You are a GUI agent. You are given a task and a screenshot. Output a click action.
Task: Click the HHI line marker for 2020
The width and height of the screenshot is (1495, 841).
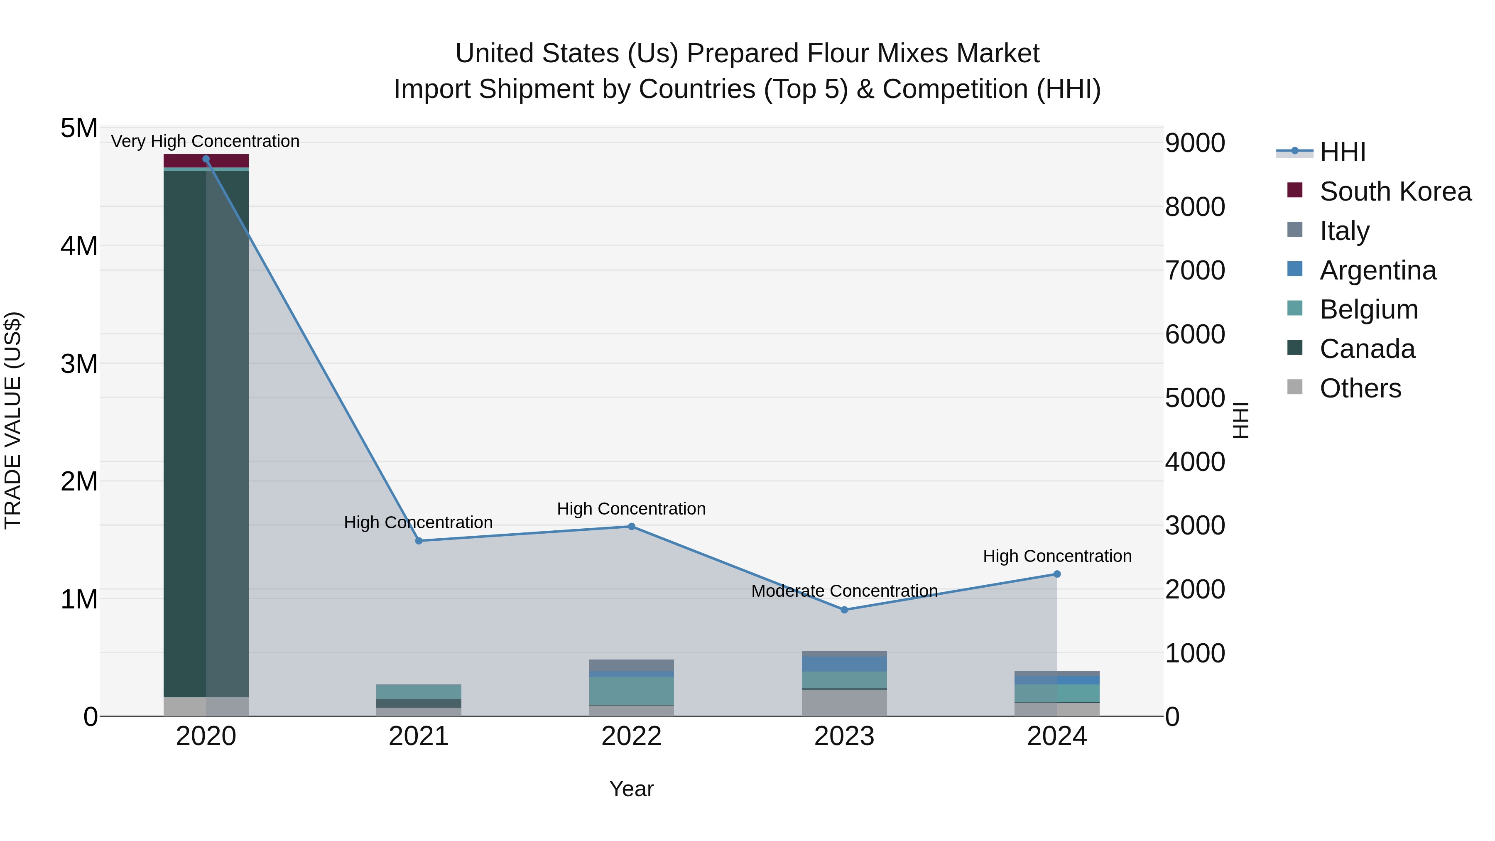click(206, 159)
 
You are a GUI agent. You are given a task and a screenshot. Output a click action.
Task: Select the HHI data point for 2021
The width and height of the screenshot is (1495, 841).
click(419, 541)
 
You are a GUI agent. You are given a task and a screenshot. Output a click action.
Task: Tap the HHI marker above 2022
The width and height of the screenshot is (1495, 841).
click(631, 527)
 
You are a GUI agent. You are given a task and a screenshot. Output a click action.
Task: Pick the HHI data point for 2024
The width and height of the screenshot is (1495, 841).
click(1057, 574)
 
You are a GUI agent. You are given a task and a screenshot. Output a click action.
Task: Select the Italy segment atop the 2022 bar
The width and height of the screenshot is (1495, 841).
click(631, 665)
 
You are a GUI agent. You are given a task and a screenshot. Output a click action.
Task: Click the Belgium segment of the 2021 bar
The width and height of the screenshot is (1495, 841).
click(419, 691)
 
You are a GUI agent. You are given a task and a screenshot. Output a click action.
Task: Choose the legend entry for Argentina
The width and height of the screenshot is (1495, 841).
click(1378, 270)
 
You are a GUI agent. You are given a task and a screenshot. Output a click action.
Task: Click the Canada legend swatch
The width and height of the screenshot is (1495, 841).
click(1295, 348)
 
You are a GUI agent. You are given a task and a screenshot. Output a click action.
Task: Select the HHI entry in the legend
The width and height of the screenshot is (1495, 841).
click(1342, 152)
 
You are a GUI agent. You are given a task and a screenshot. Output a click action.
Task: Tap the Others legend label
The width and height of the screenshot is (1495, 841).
click(1360, 388)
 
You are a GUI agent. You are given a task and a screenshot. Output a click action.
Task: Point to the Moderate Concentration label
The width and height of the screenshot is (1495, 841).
click(844, 591)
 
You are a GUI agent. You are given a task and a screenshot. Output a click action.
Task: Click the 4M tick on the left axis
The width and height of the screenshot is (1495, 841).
click(79, 246)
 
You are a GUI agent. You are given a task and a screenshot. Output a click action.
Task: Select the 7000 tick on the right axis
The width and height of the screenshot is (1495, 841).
click(1195, 270)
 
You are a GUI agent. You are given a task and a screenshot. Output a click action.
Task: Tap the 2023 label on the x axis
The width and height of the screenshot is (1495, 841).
click(844, 736)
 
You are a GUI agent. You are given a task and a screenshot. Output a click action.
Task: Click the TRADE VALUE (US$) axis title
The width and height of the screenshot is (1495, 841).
click(13, 420)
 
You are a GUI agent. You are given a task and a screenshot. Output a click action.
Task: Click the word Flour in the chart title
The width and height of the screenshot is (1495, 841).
click(836, 54)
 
